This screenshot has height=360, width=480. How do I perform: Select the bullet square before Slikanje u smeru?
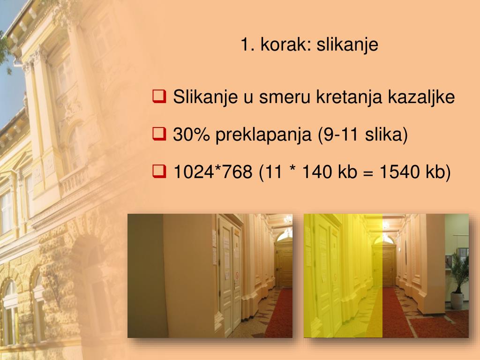click(x=158, y=97)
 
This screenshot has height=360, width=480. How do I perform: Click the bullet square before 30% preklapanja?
click(x=158, y=135)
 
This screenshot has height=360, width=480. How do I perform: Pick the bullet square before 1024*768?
click(x=158, y=172)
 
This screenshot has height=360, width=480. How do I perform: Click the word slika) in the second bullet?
click(x=386, y=135)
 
